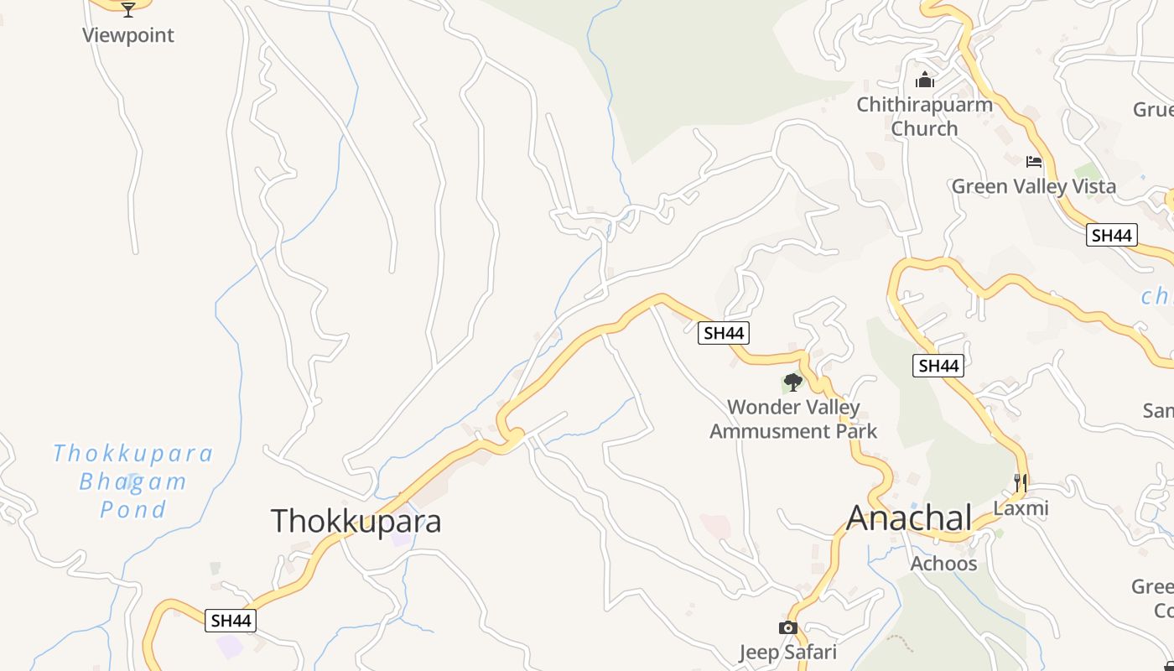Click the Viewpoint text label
128,35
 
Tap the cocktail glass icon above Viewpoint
128,9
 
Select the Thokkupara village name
356,521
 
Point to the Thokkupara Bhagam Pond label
132,481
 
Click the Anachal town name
910,518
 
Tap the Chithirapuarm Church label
924,117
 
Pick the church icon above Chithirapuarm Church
925,81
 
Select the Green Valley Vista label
1033,186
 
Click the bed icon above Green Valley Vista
1034,161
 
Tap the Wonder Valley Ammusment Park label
793,419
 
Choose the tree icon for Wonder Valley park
792,382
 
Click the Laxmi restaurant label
1021,508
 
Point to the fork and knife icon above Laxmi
1020,482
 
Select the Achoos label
943,563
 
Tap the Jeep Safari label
787,652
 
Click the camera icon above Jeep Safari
787,627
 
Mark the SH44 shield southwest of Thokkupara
231,621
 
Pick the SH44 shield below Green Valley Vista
1111,235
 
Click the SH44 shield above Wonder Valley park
724,333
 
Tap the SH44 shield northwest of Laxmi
938,366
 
